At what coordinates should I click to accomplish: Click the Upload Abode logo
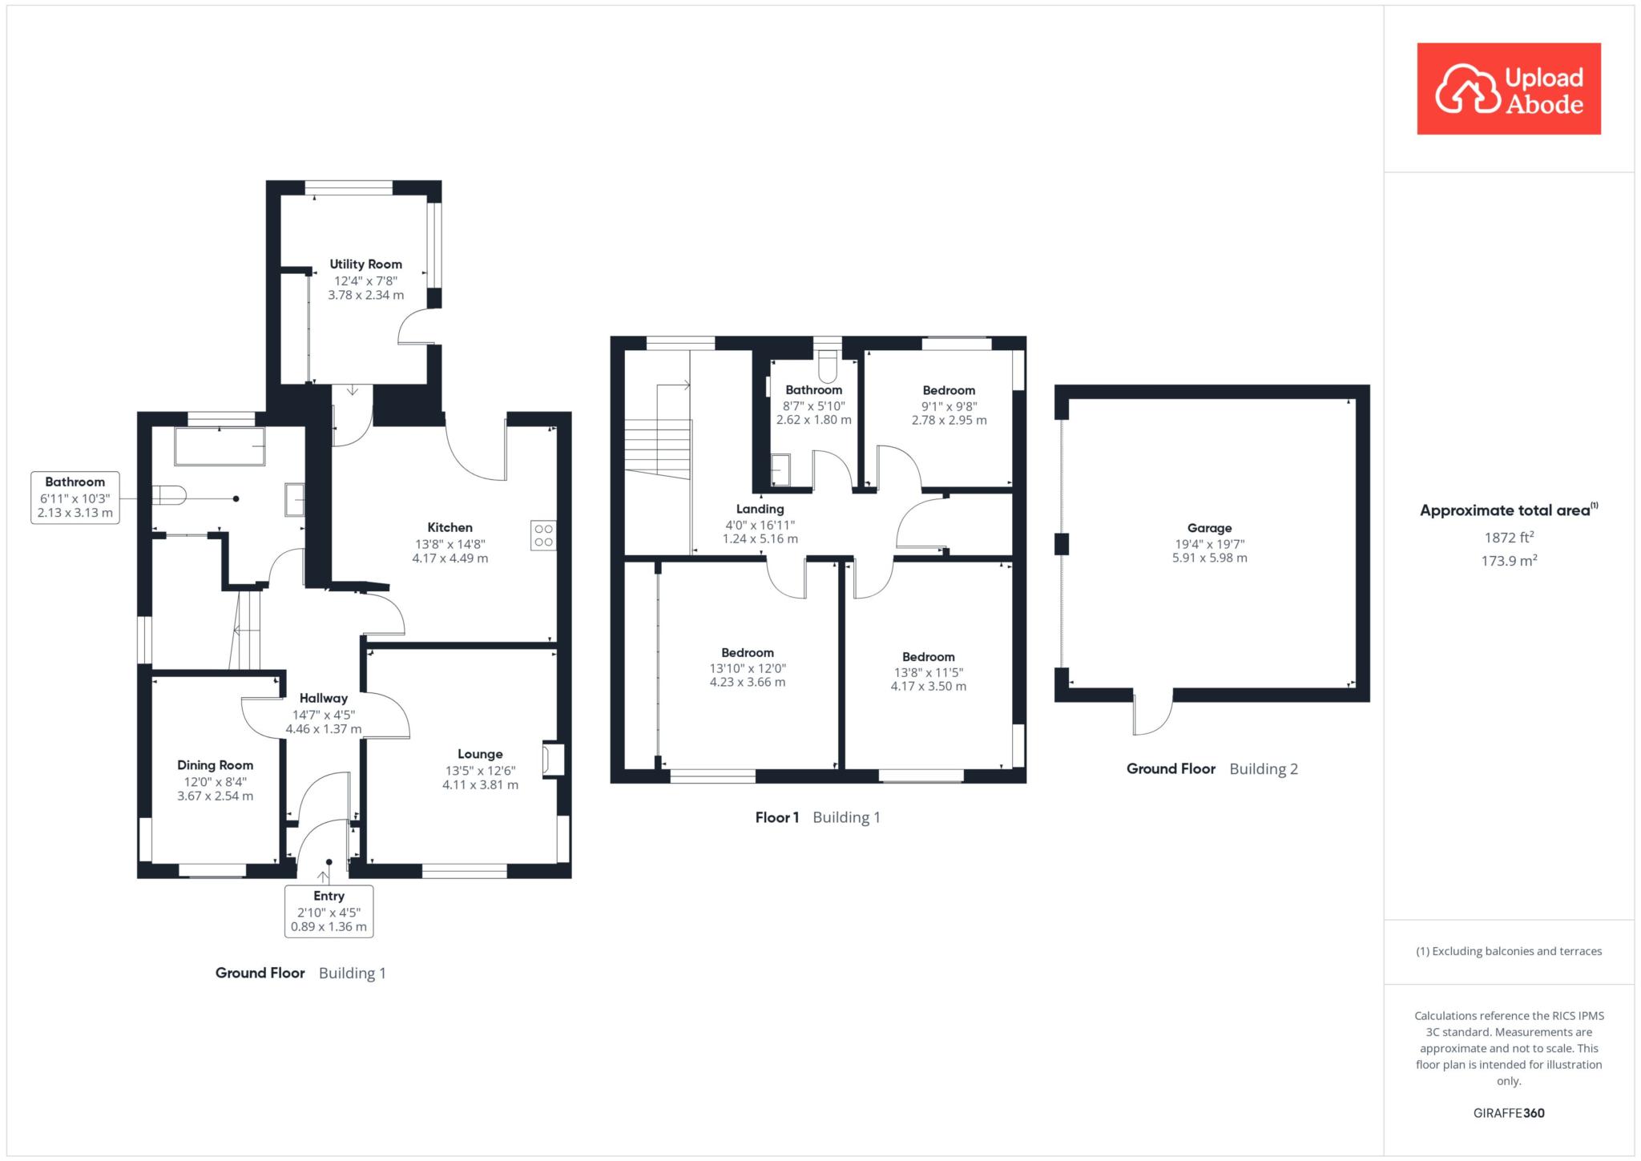pos(1508,88)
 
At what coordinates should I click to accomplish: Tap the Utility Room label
pos(365,264)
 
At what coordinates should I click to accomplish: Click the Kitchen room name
pos(450,527)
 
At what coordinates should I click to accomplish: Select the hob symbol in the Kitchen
pos(543,535)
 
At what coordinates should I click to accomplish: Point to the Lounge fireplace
pos(553,760)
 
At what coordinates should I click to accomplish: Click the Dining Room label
pos(215,765)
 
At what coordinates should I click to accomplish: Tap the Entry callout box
pos(329,911)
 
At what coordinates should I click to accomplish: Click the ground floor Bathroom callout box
pos(75,498)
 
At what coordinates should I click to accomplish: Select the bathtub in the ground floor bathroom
pos(220,446)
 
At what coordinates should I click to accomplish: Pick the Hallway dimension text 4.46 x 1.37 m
pos(324,729)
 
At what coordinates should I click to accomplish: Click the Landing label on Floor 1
pos(760,509)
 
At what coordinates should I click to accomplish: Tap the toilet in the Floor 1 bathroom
pos(828,368)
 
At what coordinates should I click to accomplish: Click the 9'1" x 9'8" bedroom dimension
pos(949,405)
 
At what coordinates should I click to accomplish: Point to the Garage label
pos(1209,528)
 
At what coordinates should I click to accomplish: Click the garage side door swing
pos(1153,712)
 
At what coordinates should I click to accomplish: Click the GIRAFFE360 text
pos(1509,1113)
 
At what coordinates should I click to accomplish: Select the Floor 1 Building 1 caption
pos(817,817)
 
